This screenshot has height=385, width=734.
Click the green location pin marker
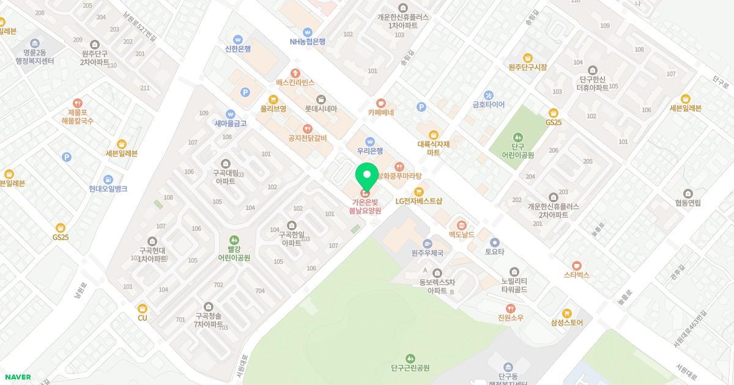367,176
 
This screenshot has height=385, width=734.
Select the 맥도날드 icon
462,226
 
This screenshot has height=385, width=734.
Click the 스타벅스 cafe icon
576,266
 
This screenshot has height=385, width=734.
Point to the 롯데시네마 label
321,109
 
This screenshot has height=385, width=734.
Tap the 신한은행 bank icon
238,40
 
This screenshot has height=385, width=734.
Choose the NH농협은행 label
307,42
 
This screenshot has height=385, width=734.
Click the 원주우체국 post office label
427,252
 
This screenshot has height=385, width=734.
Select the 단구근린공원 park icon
410,358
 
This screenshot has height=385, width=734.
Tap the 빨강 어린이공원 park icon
234,240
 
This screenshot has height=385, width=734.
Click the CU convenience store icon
143,309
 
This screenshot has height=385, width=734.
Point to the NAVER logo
18,377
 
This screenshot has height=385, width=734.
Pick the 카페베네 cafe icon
381,103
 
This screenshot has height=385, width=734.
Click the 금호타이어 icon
488,95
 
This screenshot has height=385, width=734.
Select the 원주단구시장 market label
527,67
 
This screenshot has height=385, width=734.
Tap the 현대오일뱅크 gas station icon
108,180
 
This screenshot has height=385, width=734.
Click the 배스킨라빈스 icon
295,73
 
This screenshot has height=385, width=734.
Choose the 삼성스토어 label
567,323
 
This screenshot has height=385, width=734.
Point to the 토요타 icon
495,243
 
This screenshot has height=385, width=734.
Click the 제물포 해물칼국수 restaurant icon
77,103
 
